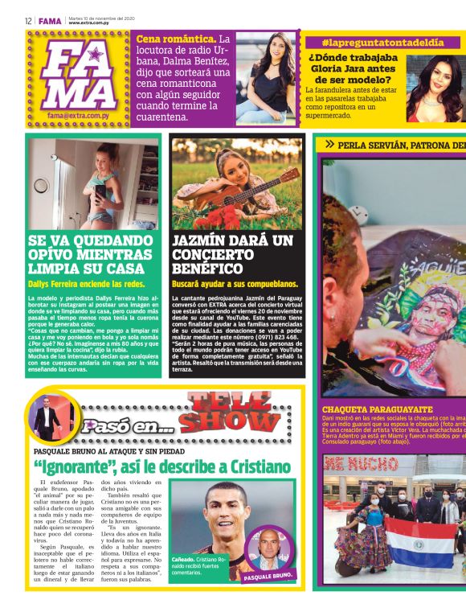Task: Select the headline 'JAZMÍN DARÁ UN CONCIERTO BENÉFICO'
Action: tap(233, 254)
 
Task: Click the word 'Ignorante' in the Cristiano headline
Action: tap(80, 467)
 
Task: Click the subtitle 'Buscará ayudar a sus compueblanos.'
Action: tap(234, 285)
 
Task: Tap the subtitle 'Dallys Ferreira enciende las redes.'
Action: tap(86, 285)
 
